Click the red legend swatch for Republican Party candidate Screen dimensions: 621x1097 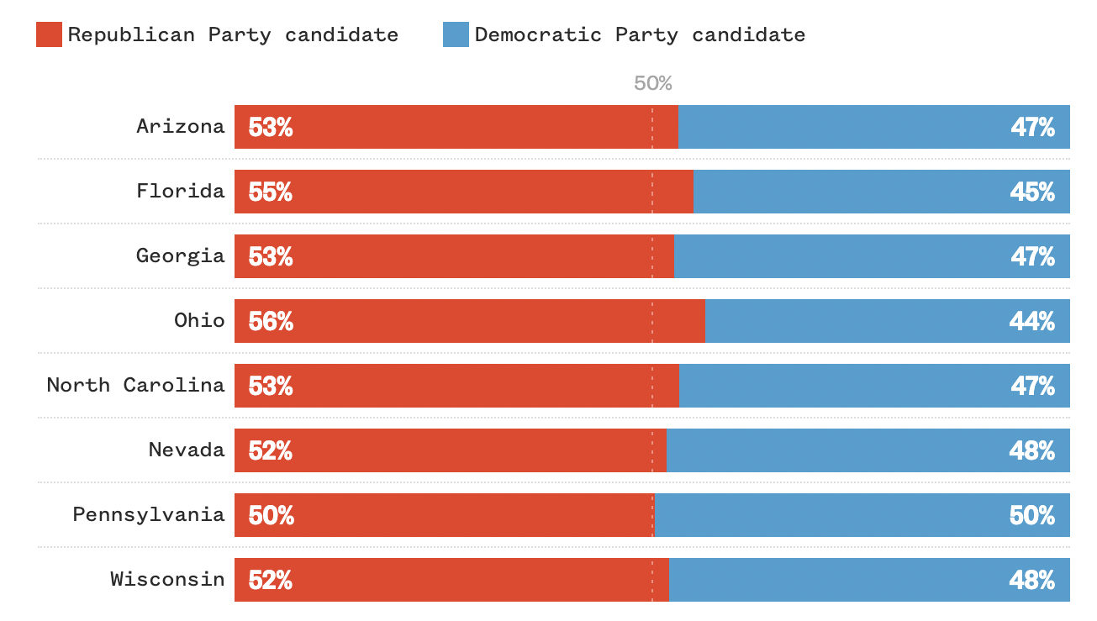point(49,34)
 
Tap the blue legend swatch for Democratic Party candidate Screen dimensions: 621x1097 point(456,34)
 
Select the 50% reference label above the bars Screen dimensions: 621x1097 point(653,83)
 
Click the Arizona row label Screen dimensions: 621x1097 point(181,127)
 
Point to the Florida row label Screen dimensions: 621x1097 point(181,192)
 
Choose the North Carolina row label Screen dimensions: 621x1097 point(136,386)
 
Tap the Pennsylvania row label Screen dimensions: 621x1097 point(149,515)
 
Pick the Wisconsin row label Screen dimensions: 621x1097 point(167,580)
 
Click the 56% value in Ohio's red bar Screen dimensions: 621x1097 point(271,321)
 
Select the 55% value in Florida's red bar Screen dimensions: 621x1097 point(271,192)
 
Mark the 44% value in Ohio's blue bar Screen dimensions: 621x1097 point(1032,321)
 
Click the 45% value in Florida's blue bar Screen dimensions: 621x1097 point(1032,192)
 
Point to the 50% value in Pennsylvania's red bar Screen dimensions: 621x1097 point(271,515)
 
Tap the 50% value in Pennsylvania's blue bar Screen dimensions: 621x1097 point(1032,515)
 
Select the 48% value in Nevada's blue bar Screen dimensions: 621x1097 point(1032,450)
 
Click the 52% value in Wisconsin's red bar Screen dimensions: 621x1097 point(271,580)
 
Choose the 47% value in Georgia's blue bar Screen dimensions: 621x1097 point(1032,256)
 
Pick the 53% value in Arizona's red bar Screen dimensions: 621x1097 point(271,127)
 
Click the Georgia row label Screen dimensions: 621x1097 point(181,256)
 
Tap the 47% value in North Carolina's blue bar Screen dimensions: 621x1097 point(1032,386)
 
